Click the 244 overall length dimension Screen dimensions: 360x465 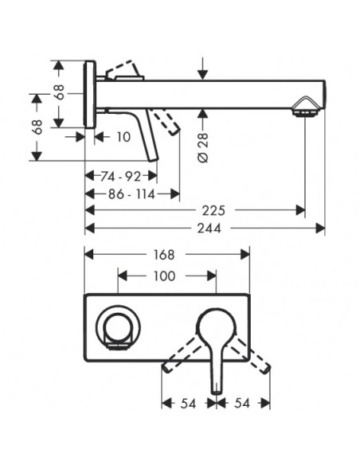point(209,229)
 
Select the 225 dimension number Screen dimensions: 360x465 point(213,210)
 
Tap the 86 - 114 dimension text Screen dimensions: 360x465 point(131,194)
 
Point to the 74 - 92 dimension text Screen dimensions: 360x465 point(120,177)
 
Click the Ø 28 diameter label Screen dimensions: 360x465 point(203,147)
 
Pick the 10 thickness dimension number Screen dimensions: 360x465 point(123,137)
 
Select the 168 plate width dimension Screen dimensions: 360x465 point(164,255)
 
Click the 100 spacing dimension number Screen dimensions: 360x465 point(164,276)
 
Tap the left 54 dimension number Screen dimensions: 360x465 point(188,404)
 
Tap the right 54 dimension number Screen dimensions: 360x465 point(242,404)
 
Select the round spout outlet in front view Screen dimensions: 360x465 point(118,326)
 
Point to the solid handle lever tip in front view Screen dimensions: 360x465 point(217,392)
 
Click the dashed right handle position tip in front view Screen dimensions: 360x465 point(266,369)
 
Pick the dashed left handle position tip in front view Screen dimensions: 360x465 point(166,369)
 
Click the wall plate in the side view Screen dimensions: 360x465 point(90,94)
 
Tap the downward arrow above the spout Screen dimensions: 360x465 point(203,68)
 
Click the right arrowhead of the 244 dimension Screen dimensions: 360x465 point(320,229)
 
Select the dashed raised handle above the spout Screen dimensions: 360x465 point(123,70)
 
